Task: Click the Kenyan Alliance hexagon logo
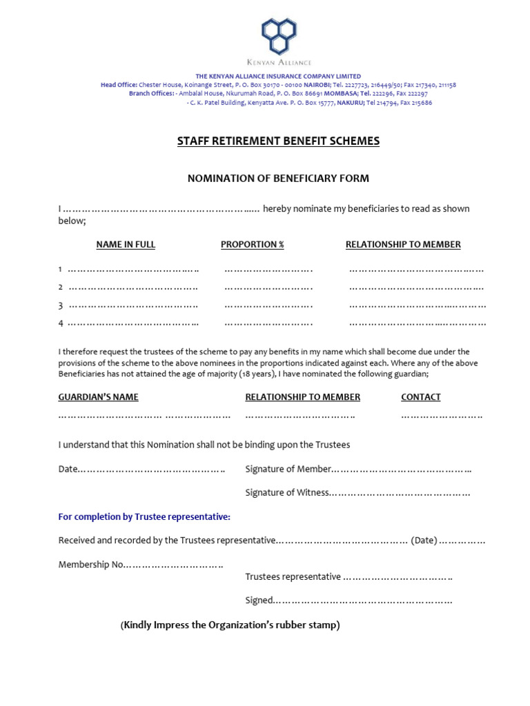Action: click(x=278, y=36)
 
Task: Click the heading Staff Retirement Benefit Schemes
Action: click(x=278, y=141)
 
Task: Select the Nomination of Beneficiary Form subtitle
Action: click(x=278, y=179)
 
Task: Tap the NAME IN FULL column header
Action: click(x=126, y=245)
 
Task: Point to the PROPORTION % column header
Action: click(x=252, y=245)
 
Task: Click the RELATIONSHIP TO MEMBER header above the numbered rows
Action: click(x=403, y=245)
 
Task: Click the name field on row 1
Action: click(x=133, y=270)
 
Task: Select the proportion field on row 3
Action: click(x=268, y=305)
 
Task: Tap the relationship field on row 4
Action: click(x=418, y=323)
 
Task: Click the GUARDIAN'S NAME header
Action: click(x=98, y=397)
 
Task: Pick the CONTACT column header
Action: click(x=420, y=397)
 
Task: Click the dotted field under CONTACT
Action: click(x=442, y=416)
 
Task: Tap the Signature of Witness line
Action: click(x=400, y=493)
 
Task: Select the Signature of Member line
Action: click(x=402, y=470)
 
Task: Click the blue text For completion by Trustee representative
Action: click(x=144, y=517)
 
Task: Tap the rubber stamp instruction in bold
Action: click(x=230, y=625)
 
